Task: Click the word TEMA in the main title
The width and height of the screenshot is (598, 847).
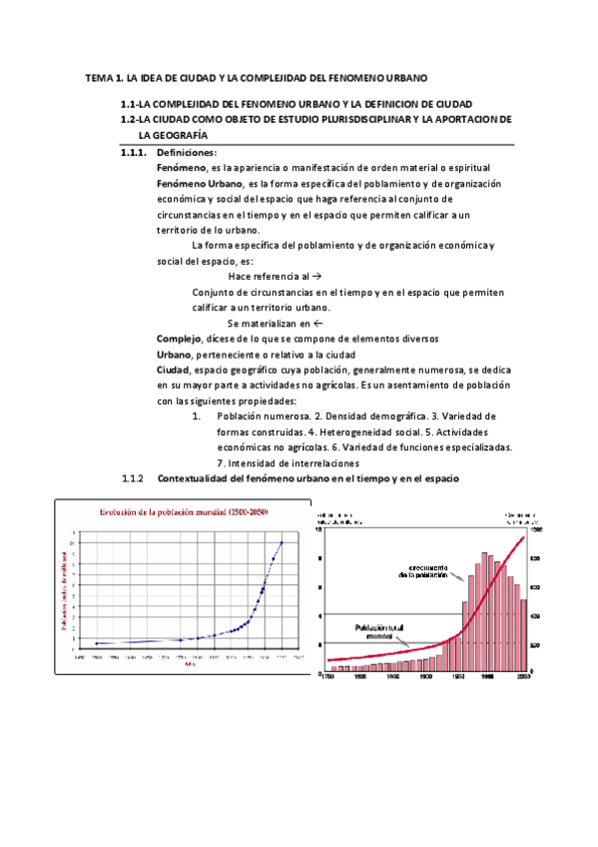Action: click(99, 77)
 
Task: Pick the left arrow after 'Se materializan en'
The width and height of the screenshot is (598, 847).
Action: click(316, 324)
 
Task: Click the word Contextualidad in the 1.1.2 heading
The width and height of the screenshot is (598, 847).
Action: click(193, 478)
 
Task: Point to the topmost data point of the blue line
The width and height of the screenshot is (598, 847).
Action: click(282, 542)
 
